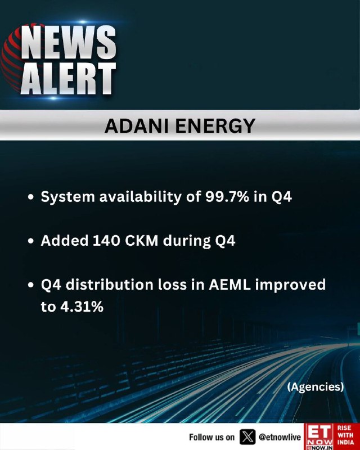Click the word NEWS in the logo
(x=68, y=43)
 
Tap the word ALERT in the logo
(x=68, y=78)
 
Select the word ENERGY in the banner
(x=215, y=126)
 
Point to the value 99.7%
(x=227, y=197)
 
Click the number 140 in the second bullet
(x=106, y=241)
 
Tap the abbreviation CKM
(x=142, y=241)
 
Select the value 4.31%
(x=82, y=307)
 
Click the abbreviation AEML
(x=229, y=285)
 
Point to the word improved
(x=290, y=285)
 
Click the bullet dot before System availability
(x=31, y=197)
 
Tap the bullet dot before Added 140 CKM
(x=31, y=241)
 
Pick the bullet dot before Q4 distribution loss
(x=31, y=285)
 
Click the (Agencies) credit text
(x=316, y=387)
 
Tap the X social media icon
(x=247, y=437)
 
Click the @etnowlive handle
(x=280, y=437)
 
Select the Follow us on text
(x=212, y=438)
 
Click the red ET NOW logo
(x=319, y=436)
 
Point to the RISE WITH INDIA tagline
(x=345, y=435)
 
